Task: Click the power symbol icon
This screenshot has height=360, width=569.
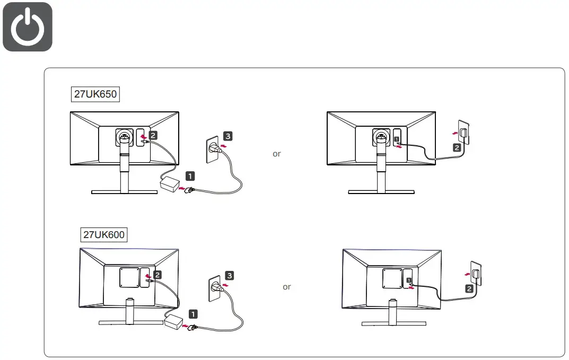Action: click(x=28, y=27)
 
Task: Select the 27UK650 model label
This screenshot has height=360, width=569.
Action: click(x=94, y=94)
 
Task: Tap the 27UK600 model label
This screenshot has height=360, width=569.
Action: click(x=105, y=234)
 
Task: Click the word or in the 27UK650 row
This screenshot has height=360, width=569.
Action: click(x=276, y=154)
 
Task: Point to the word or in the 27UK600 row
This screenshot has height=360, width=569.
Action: click(x=286, y=287)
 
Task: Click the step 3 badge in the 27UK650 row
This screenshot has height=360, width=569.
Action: click(x=227, y=136)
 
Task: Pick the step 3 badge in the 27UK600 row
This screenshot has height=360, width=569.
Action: click(x=229, y=275)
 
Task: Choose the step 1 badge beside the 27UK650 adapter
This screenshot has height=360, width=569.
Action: click(x=190, y=175)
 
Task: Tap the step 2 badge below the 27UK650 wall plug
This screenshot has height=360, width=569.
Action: click(x=457, y=147)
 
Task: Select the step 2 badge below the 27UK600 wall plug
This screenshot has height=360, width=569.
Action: click(x=469, y=289)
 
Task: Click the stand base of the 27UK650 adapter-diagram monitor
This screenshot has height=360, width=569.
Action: click(x=124, y=192)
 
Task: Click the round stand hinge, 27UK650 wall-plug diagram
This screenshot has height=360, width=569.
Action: click(x=380, y=137)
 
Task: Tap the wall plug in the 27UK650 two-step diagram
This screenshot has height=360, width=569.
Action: click(x=463, y=133)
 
